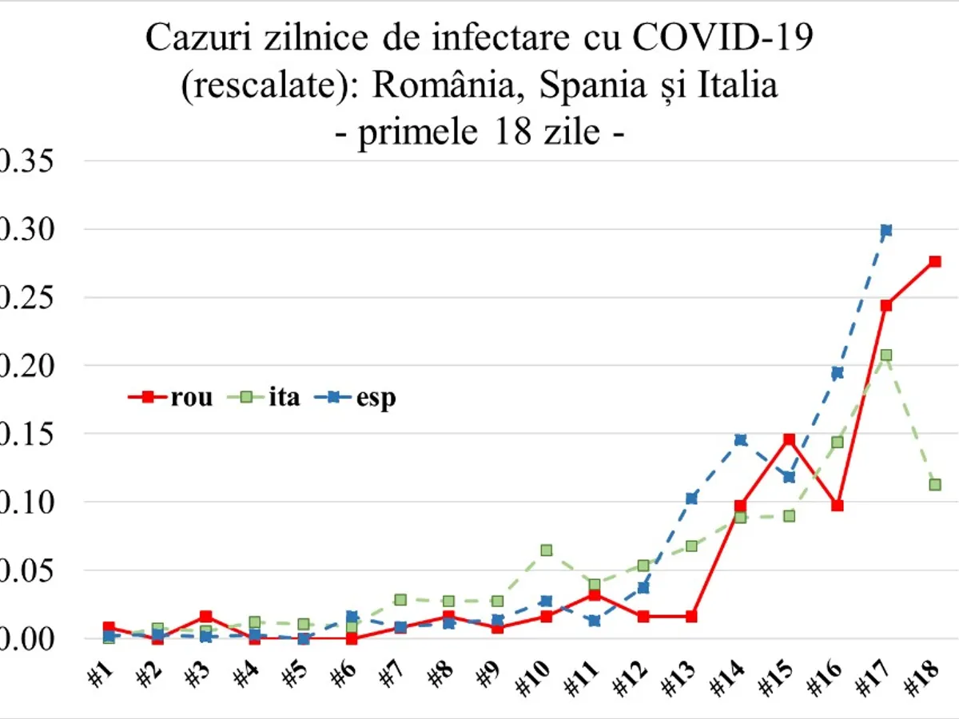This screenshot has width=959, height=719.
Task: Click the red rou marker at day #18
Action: point(934,261)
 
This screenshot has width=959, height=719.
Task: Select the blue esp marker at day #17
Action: point(885,230)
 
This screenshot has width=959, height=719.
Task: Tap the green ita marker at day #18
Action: point(934,484)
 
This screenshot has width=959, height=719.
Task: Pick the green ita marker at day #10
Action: point(546,550)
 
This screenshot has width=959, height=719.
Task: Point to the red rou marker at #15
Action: point(789,439)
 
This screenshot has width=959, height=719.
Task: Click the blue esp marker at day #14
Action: point(740,439)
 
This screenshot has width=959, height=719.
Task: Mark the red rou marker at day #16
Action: point(837,506)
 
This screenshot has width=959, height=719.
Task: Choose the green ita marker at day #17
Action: point(885,355)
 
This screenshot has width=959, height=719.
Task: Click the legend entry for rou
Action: point(171,397)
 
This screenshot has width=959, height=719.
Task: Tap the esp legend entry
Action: point(360,397)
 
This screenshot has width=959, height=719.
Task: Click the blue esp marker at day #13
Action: point(691,499)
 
